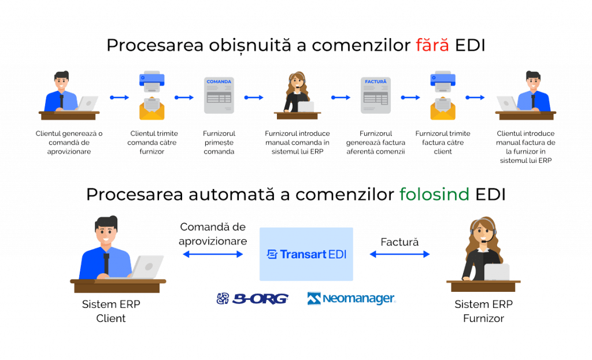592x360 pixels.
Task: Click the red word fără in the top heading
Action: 432,46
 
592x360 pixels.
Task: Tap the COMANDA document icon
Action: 219,95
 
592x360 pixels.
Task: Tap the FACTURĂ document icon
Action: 376,95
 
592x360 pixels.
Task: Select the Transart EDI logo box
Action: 306,254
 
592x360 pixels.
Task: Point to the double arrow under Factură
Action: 399,254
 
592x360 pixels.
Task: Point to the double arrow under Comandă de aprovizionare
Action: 213,254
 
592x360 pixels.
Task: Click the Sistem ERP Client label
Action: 111,311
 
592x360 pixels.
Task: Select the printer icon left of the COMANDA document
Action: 152,95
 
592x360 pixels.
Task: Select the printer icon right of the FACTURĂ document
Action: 442,95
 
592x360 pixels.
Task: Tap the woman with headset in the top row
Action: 298,92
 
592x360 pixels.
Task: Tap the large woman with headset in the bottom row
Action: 482,254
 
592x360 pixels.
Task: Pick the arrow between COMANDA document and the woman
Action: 254,97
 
